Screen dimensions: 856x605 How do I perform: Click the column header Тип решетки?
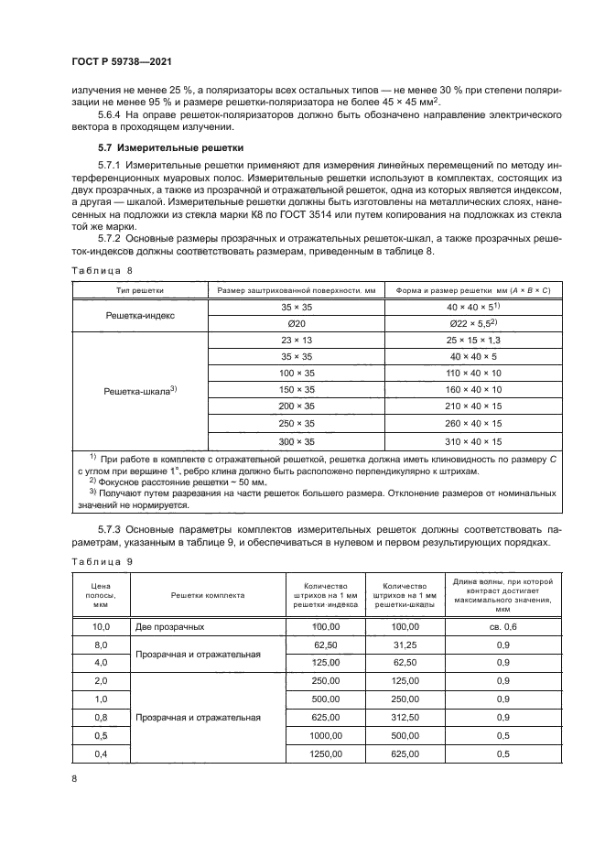pos(139,290)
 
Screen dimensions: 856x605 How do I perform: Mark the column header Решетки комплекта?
pos(207,594)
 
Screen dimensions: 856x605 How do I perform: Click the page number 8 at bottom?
pos(74,779)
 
